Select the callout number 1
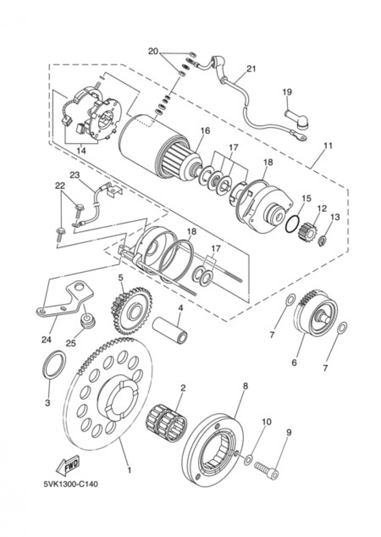coord(129,470)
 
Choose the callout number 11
coord(328,146)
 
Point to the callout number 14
coord(81,151)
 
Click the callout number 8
coord(245,386)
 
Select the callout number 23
coord(74,175)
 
